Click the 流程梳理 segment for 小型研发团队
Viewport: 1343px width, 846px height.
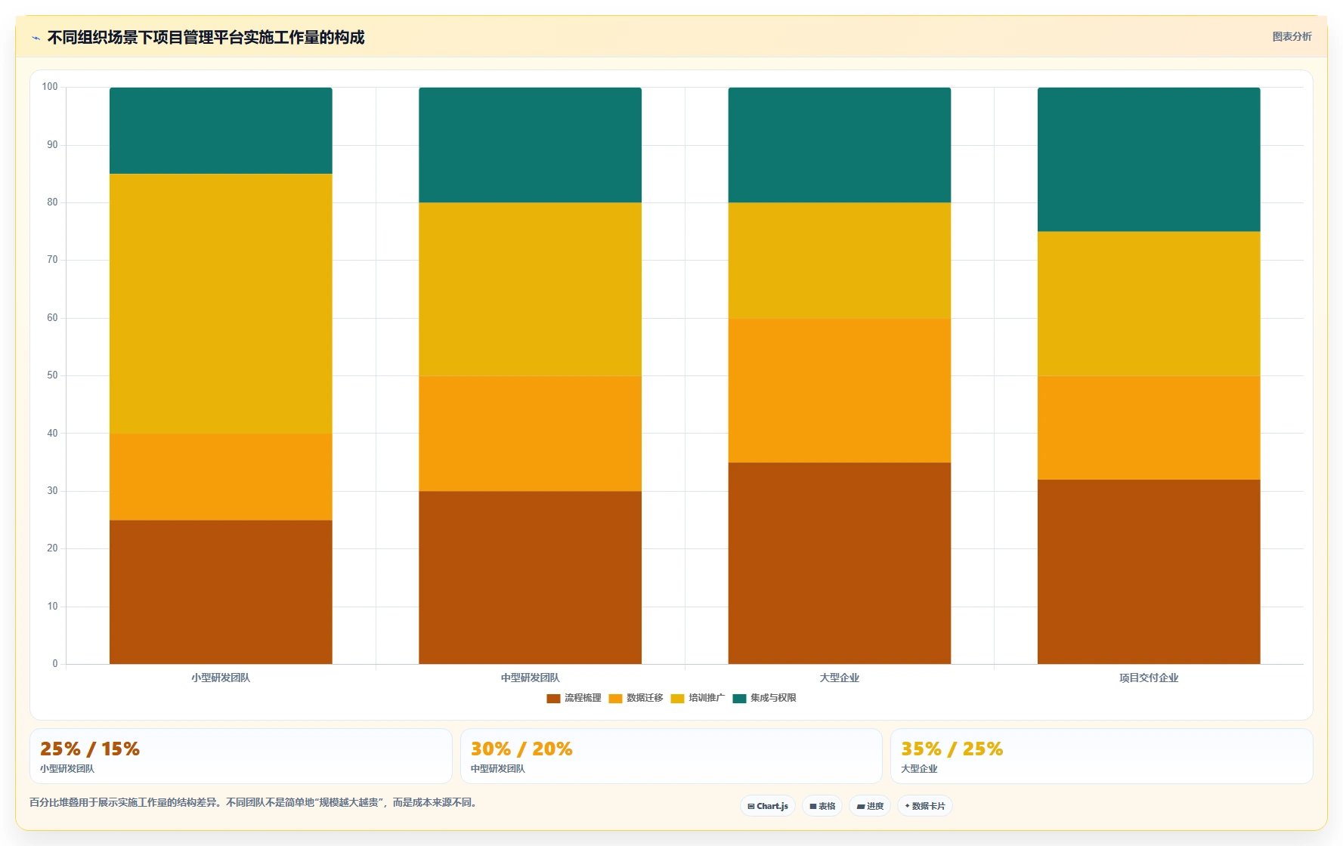tap(221, 592)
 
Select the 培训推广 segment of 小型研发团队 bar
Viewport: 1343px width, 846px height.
tap(221, 304)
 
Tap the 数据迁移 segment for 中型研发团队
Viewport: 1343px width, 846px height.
tap(530, 434)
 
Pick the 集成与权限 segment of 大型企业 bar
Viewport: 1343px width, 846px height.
tap(840, 145)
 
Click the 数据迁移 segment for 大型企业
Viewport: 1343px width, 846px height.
tap(840, 391)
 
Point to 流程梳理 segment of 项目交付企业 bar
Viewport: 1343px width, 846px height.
tap(1149, 572)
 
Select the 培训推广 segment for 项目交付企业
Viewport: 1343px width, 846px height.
tap(1149, 304)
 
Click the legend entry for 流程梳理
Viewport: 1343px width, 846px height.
tap(574, 698)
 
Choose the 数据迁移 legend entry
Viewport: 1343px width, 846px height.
tap(636, 698)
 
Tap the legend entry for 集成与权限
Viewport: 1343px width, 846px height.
tap(765, 698)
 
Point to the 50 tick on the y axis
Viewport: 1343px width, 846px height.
tap(52, 375)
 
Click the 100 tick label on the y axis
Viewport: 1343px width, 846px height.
tap(50, 87)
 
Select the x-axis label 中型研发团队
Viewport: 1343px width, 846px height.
tap(530, 678)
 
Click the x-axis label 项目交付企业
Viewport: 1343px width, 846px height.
tap(1149, 678)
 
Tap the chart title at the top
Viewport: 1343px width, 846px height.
tap(206, 37)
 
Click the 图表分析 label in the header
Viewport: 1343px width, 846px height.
tap(1292, 36)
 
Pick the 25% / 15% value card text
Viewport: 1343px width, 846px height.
tap(90, 749)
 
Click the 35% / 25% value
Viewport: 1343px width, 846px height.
tap(952, 749)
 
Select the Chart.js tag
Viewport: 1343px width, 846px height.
tap(768, 806)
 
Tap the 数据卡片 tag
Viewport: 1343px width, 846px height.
tap(924, 806)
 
